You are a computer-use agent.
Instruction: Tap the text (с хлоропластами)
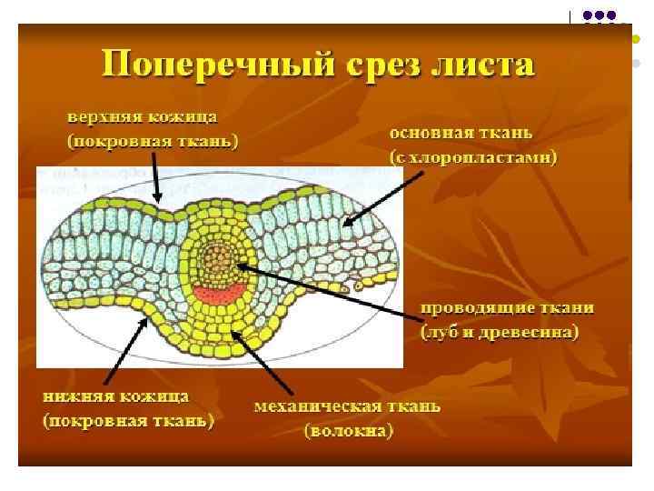[473, 157]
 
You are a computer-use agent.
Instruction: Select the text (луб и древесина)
[499, 332]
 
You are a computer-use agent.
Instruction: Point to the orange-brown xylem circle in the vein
[218, 260]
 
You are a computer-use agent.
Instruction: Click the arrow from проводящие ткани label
[327, 289]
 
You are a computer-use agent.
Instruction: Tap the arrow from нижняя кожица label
[123, 345]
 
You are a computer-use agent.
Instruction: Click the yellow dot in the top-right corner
[635, 40]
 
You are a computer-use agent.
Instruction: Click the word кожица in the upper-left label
[186, 118]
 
